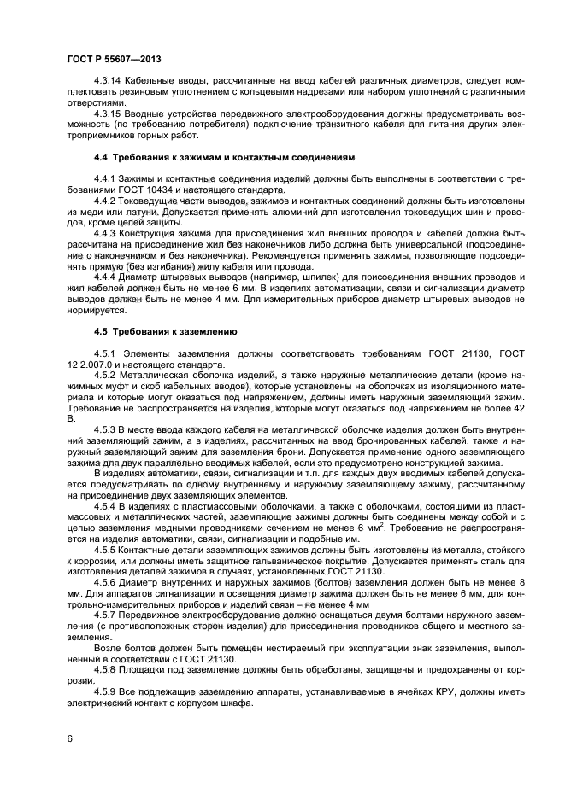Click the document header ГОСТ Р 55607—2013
(x=114, y=59)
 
